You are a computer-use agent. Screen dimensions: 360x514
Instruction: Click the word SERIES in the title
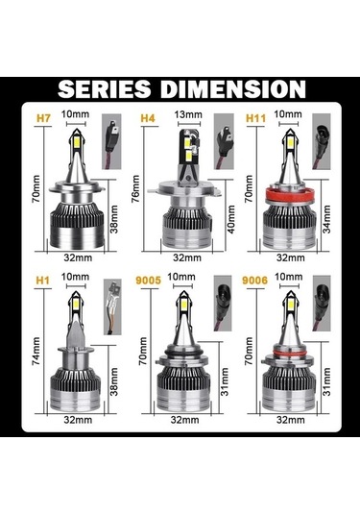(105, 89)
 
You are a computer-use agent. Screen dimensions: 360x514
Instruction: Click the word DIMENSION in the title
(233, 89)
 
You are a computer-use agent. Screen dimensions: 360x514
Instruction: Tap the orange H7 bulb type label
(43, 118)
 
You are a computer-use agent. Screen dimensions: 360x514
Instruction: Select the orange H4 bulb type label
(148, 118)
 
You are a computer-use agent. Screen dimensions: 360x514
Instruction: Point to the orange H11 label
(255, 118)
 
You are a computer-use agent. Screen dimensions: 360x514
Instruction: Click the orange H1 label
(43, 281)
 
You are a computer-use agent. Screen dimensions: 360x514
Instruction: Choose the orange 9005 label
(149, 281)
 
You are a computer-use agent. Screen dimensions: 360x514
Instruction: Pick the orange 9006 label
(254, 281)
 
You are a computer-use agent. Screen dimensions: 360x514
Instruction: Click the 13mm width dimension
(188, 114)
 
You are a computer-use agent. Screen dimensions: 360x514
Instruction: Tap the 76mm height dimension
(135, 189)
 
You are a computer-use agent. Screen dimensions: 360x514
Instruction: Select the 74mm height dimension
(36, 351)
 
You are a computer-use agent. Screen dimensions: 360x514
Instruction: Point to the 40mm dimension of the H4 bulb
(231, 219)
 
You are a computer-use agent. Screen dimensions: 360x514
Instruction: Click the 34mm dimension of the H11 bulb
(327, 219)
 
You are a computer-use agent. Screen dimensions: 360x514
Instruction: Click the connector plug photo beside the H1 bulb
(112, 306)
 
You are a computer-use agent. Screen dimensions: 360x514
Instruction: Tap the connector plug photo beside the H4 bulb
(224, 141)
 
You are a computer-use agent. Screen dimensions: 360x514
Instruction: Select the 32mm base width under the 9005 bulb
(184, 420)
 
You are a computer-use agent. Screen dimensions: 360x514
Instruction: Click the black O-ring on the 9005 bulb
(183, 351)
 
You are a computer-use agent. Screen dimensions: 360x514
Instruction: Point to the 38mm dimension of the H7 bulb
(114, 219)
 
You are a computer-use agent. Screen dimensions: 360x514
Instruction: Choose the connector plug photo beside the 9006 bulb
(322, 304)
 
